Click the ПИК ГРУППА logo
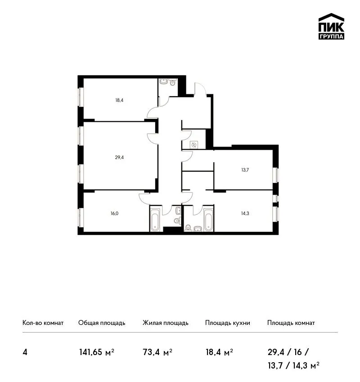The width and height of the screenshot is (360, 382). (331, 27)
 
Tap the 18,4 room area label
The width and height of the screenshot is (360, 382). (119, 100)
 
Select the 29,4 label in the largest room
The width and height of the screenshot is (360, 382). (119, 157)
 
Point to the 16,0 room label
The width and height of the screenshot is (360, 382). (114, 213)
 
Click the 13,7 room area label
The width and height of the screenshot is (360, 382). (245, 170)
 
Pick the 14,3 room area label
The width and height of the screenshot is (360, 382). (245, 213)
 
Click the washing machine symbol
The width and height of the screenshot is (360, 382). (194, 145)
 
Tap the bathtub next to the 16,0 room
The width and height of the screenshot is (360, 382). (155, 219)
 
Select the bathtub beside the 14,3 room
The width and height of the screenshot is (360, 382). (208, 219)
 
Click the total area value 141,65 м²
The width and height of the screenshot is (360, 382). (97, 352)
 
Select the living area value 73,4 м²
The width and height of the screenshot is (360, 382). (157, 352)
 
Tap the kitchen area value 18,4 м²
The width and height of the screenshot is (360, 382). (219, 352)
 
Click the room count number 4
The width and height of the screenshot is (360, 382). (25, 352)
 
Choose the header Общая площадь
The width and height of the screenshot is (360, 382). (102, 323)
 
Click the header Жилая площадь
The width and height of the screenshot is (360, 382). (166, 323)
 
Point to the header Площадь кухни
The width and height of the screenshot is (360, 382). (228, 323)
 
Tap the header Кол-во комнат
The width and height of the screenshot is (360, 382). (43, 323)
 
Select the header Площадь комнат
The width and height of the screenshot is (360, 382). (291, 323)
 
